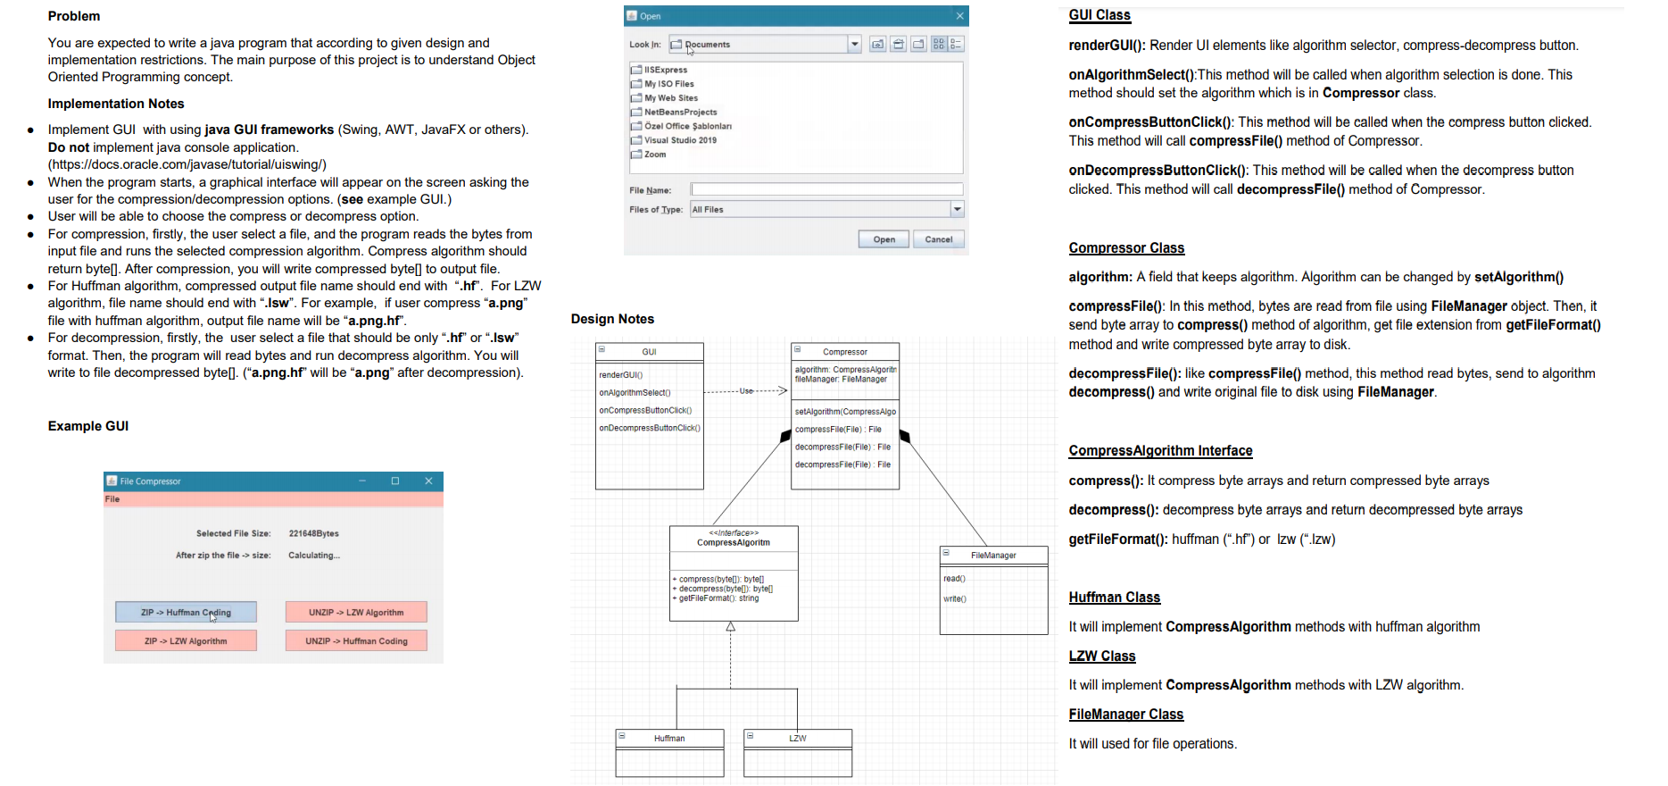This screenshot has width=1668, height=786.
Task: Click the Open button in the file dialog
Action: (884, 239)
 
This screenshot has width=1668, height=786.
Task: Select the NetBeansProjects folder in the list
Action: (680, 113)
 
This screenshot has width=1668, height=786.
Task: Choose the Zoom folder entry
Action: (655, 155)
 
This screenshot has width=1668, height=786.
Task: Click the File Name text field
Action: (826, 189)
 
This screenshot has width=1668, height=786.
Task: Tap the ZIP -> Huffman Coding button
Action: (186, 613)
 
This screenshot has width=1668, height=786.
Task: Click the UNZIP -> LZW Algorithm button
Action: (356, 613)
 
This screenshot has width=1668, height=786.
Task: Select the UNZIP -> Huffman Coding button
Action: (356, 641)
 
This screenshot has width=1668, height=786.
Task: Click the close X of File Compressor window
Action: (428, 481)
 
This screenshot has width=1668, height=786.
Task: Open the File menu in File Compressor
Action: (112, 499)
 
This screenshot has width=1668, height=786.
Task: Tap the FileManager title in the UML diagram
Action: (993, 556)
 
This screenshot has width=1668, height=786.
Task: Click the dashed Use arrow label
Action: (746, 391)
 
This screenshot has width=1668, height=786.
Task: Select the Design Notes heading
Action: (612, 319)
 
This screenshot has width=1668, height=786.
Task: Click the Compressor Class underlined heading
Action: (1126, 248)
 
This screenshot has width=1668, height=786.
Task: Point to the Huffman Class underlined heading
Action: (1114, 598)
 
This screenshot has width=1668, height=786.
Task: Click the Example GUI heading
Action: (88, 426)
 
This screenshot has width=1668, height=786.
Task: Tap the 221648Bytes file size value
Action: (313, 534)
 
